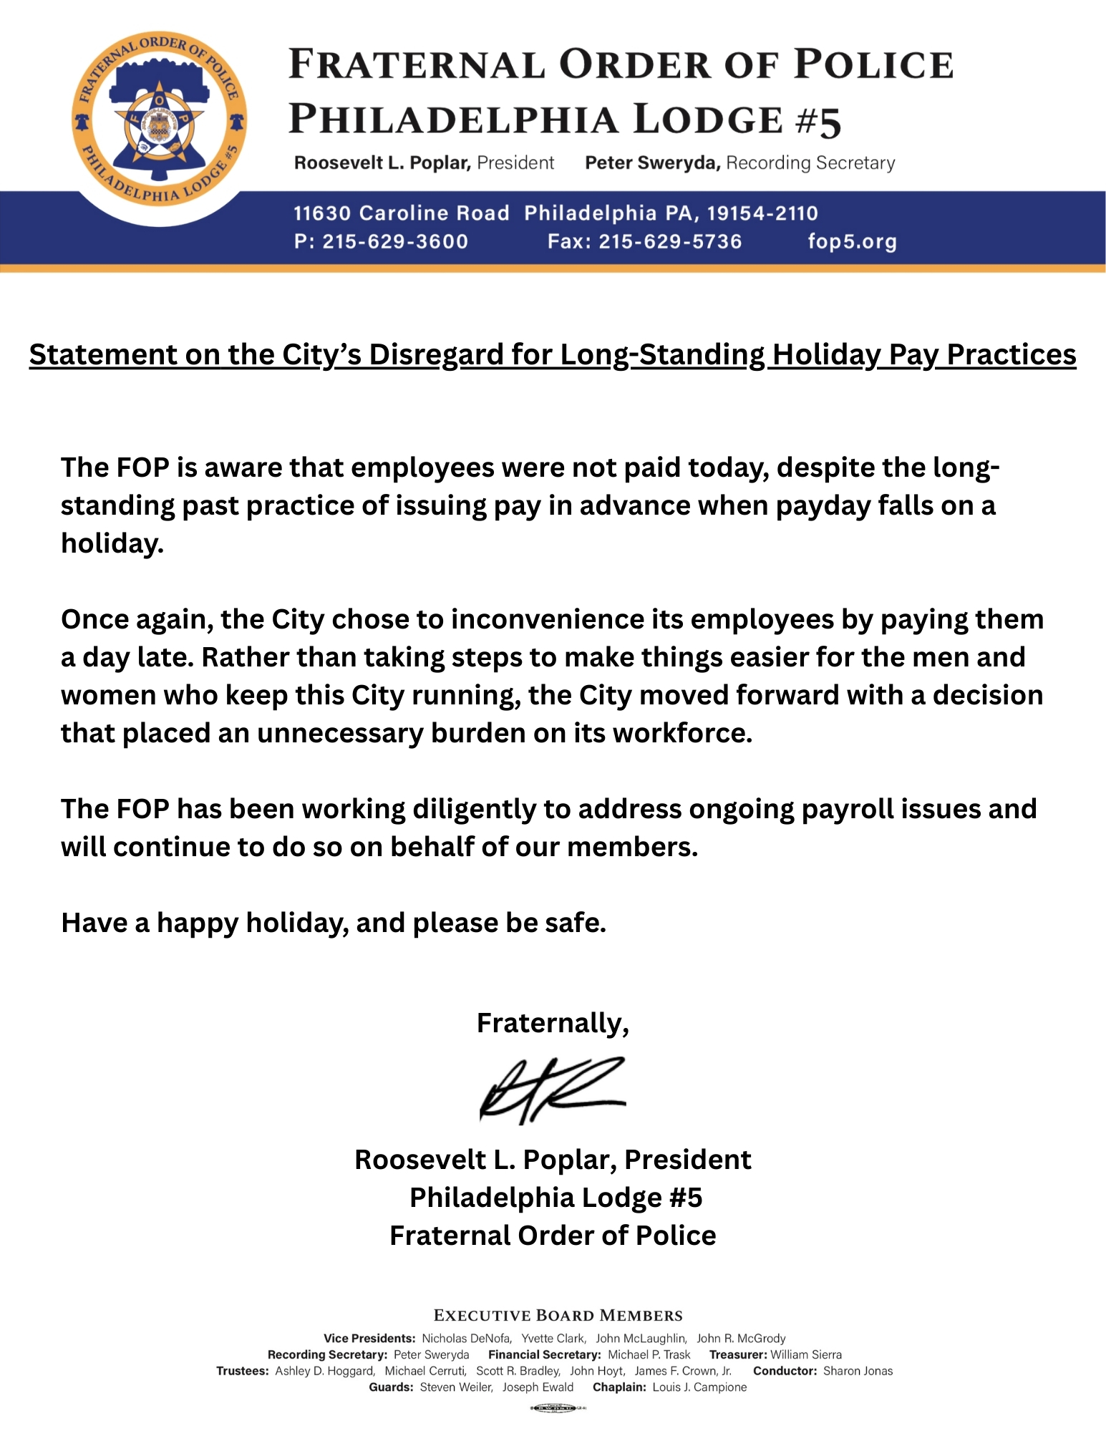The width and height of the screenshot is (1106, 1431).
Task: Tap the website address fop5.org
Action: [852, 241]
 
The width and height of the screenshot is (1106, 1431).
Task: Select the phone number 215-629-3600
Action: [395, 241]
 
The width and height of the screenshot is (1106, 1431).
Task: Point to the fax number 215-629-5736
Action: [670, 241]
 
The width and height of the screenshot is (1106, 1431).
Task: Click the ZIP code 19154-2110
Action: [762, 213]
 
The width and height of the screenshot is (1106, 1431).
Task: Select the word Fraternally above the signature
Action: [552, 1023]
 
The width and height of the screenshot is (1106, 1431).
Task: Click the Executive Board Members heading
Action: [558, 1316]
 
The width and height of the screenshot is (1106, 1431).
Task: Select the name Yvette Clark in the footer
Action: [553, 1338]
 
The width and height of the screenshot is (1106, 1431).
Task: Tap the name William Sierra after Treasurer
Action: [806, 1354]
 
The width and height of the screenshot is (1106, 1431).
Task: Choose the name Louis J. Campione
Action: [699, 1387]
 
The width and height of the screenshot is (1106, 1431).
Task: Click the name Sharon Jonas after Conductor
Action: [858, 1371]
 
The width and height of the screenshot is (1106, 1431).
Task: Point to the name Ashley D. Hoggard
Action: [324, 1371]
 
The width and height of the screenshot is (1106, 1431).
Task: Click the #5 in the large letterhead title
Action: [818, 120]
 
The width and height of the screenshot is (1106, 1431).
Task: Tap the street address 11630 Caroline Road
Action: [401, 213]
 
